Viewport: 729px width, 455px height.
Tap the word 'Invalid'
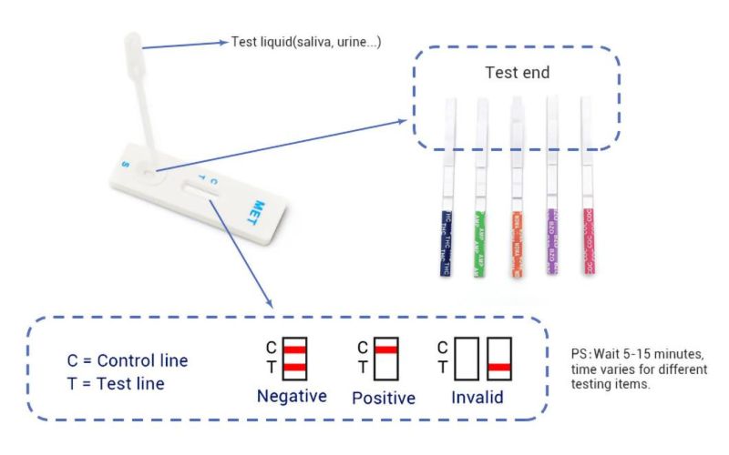(479, 397)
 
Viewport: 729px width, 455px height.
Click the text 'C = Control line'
(128, 359)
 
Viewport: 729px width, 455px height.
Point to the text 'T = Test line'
(116, 383)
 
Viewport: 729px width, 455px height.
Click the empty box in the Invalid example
(467, 359)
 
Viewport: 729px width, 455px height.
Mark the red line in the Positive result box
(385, 349)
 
